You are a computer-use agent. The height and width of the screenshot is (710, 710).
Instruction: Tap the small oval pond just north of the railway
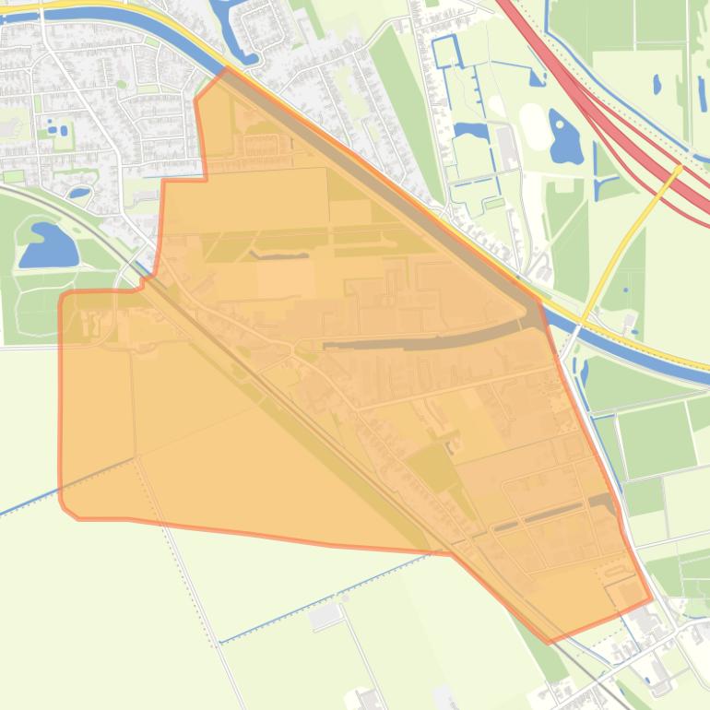(79, 193)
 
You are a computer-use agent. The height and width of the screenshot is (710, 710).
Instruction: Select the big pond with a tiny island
(564, 137)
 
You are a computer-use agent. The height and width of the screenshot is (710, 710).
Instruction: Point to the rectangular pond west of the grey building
(471, 131)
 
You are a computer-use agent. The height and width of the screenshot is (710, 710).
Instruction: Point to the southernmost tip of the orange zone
(550, 642)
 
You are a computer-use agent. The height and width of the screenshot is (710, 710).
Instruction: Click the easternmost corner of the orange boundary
(652, 598)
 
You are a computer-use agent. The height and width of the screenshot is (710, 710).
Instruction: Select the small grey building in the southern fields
(325, 616)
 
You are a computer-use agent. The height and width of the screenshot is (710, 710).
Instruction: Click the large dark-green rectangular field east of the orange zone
(657, 439)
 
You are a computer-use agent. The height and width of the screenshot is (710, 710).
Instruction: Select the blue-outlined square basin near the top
(446, 51)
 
